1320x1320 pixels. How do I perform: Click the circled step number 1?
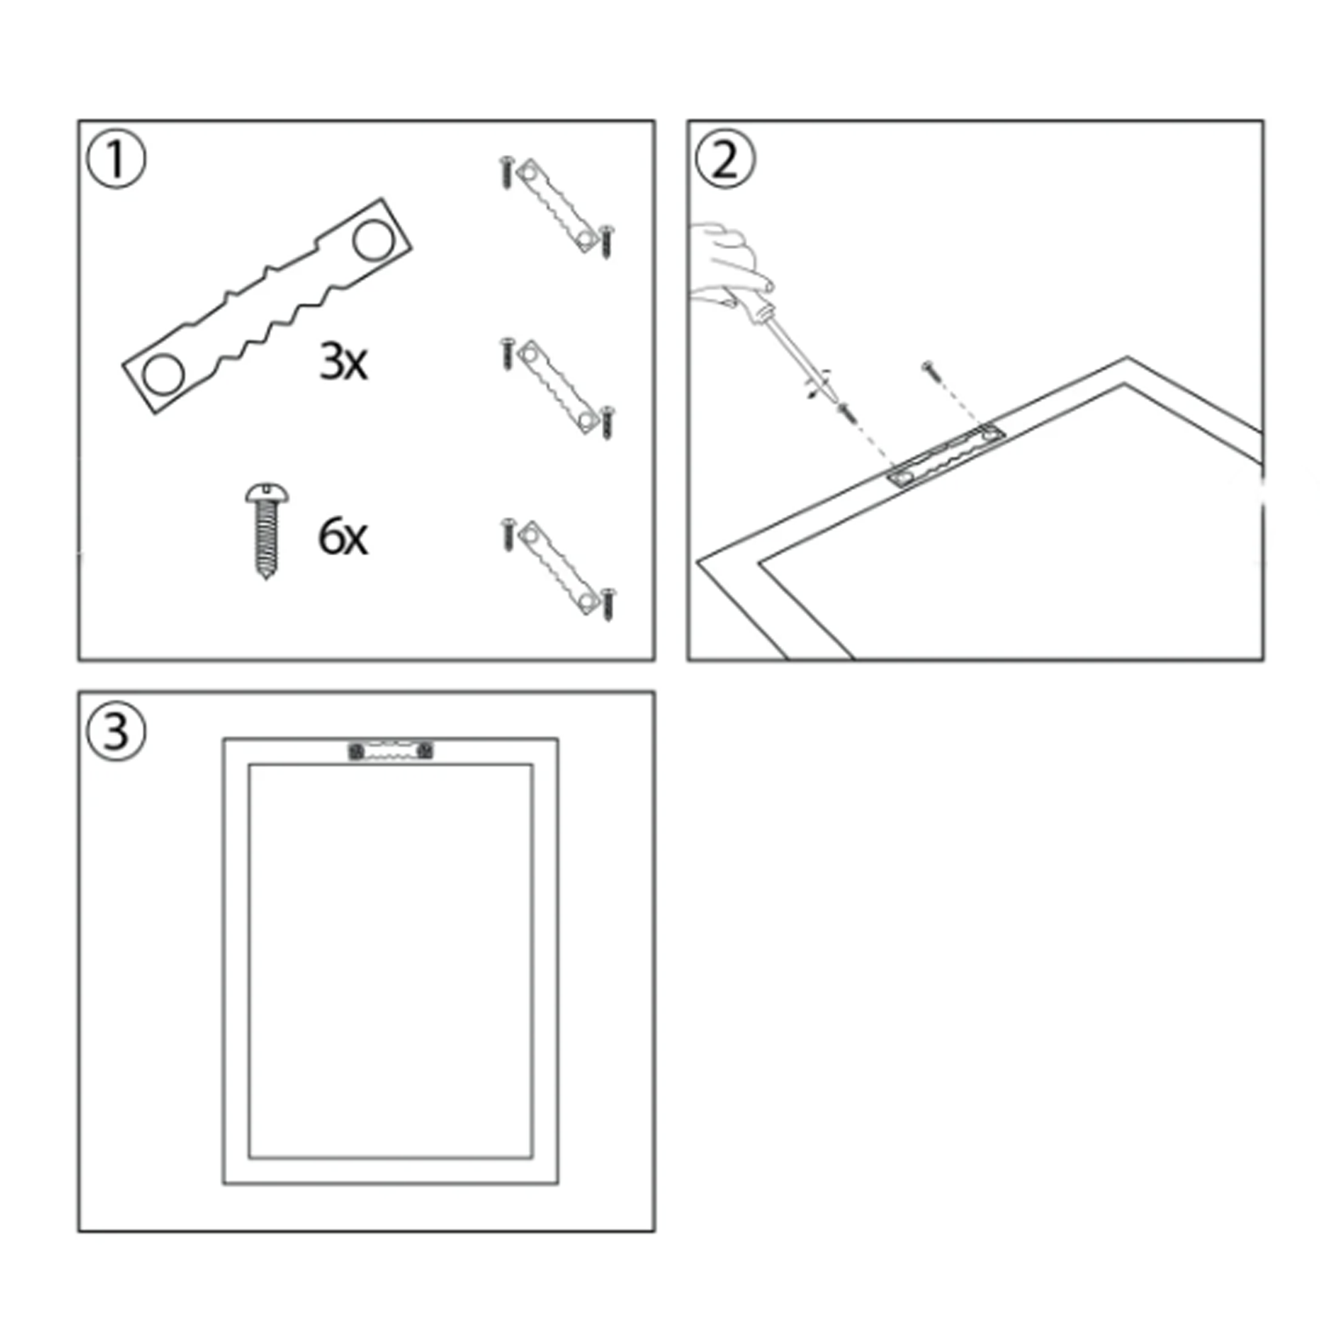pos(116,159)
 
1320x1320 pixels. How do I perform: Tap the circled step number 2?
pos(724,159)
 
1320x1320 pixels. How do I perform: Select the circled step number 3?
pos(116,731)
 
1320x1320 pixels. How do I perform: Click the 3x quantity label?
pos(343,361)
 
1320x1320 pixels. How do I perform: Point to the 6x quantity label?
pos(343,536)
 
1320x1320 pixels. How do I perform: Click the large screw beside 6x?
pos(266,531)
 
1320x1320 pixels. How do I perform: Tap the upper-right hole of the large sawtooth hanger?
pos(374,240)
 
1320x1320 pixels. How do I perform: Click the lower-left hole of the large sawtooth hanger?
pos(163,374)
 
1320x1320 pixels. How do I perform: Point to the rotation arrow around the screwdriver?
pos(818,385)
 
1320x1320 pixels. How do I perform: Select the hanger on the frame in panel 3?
pos(390,751)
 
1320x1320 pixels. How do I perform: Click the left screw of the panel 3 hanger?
pos(356,752)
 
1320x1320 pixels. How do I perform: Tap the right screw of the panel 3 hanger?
pos(424,752)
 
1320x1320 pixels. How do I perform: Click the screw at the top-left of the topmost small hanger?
pos(507,172)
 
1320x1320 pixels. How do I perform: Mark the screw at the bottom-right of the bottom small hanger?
pos(608,604)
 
